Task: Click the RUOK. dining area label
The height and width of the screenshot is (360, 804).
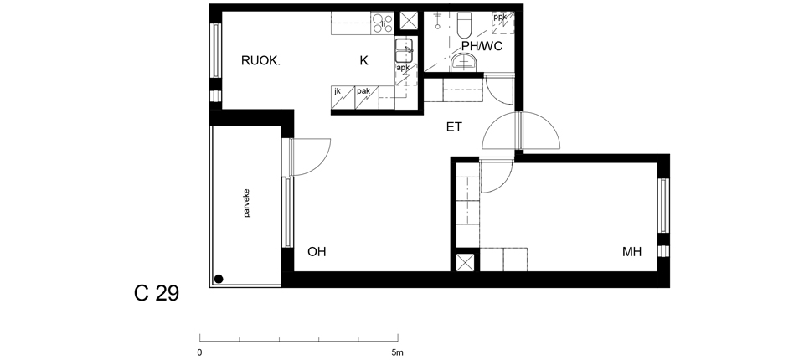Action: (260, 61)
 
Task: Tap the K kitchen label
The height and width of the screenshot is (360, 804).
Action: (363, 60)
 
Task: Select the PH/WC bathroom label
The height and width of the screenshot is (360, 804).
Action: (482, 46)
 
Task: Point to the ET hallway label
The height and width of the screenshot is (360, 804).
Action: (454, 126)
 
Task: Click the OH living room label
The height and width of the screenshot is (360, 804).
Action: (317, 252)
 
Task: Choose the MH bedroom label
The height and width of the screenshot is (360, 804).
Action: (631, 252)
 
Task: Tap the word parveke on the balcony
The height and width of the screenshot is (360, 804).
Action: (247, 203)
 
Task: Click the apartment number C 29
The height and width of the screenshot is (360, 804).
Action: (157, 293)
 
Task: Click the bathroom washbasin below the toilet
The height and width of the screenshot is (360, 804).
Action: (465, 64)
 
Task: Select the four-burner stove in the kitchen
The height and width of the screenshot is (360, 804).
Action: (383, 23)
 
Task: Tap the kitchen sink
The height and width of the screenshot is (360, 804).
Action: (404, 50)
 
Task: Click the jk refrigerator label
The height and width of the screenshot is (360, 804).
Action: (338, 91)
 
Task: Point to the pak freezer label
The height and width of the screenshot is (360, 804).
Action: (363, 91)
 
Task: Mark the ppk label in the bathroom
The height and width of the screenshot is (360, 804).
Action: (500, 18)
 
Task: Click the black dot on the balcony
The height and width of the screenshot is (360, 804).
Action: (219, 279)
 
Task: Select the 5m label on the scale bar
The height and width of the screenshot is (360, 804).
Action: (397, 352)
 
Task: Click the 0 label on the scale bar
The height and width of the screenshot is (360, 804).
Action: (199, 352)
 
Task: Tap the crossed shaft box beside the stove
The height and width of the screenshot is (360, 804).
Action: (409, 22)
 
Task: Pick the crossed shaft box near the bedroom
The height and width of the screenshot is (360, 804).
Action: (466, 263)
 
